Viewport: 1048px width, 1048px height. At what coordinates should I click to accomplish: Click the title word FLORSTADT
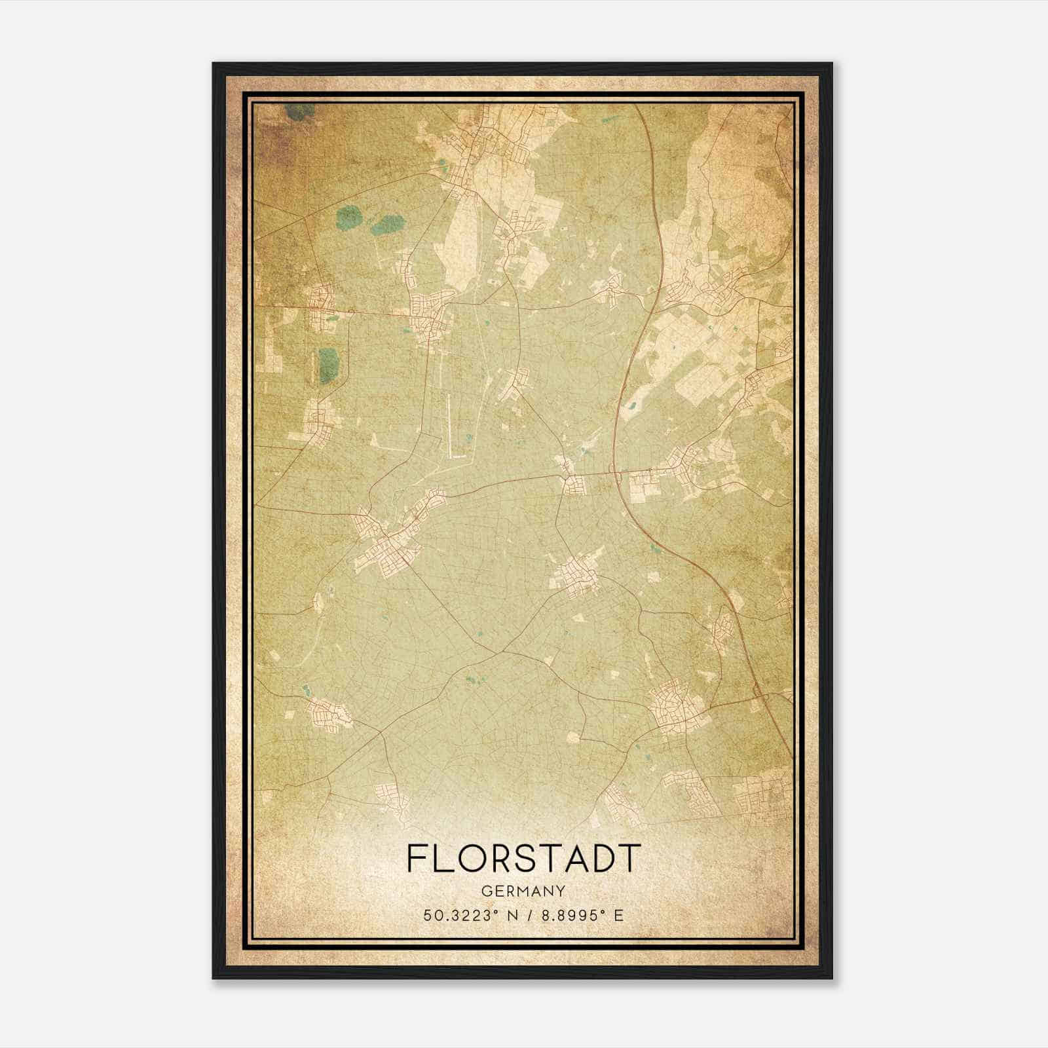coord(523,857)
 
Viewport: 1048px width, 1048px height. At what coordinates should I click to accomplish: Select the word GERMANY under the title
coord(523,891)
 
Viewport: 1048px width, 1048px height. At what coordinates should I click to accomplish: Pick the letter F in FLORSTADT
coord(417,857)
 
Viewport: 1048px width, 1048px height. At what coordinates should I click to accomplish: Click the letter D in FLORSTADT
coord(602,857)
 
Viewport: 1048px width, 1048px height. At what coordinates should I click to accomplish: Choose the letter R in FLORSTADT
coord(501,857)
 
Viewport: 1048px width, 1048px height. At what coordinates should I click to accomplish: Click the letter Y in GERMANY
coord(560,891)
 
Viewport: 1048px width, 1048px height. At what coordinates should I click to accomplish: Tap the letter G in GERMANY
coord(485,891)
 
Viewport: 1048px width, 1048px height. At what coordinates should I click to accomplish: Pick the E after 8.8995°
coord(618,915)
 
